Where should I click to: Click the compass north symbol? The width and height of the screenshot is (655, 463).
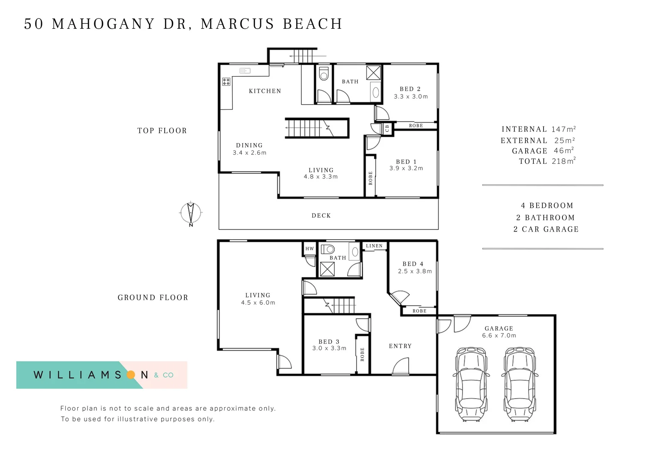tap(191, 213)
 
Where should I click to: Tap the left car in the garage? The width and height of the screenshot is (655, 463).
tap(471, 385)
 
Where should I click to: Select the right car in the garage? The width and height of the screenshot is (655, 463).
tap(519, 385)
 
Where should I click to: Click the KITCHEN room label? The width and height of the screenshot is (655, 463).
tap(265, 91)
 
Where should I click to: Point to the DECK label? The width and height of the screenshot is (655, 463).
tap(321, 216)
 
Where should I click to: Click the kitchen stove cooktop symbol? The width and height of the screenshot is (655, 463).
tap(226, 81)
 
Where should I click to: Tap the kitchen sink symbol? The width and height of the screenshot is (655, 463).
tap(245, 71)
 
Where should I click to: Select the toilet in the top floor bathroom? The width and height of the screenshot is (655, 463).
tap(324, 73)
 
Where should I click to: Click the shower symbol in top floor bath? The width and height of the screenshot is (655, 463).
tap(373, 72)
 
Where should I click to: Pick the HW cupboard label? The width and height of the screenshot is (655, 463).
tap(309, 249)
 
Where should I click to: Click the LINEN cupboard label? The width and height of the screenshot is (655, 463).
tap(374, 246)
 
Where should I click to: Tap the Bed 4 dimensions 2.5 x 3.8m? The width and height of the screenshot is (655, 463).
tap(415, 271)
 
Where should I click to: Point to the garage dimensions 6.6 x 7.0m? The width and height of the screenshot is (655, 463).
tap(499, 336)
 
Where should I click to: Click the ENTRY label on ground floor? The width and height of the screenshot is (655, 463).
tap(400, 346)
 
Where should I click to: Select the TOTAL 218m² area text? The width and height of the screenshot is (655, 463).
tap(547, 161)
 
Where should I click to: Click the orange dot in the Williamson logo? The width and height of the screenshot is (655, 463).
tap(131, 375)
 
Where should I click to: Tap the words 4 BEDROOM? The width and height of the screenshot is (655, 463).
tap(547, 206)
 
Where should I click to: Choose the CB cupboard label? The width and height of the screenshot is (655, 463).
tap(387, 128)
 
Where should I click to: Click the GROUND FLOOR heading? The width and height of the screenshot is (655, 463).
tap(153, 298)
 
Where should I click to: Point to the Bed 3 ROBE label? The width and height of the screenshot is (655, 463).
tap(362, 354)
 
